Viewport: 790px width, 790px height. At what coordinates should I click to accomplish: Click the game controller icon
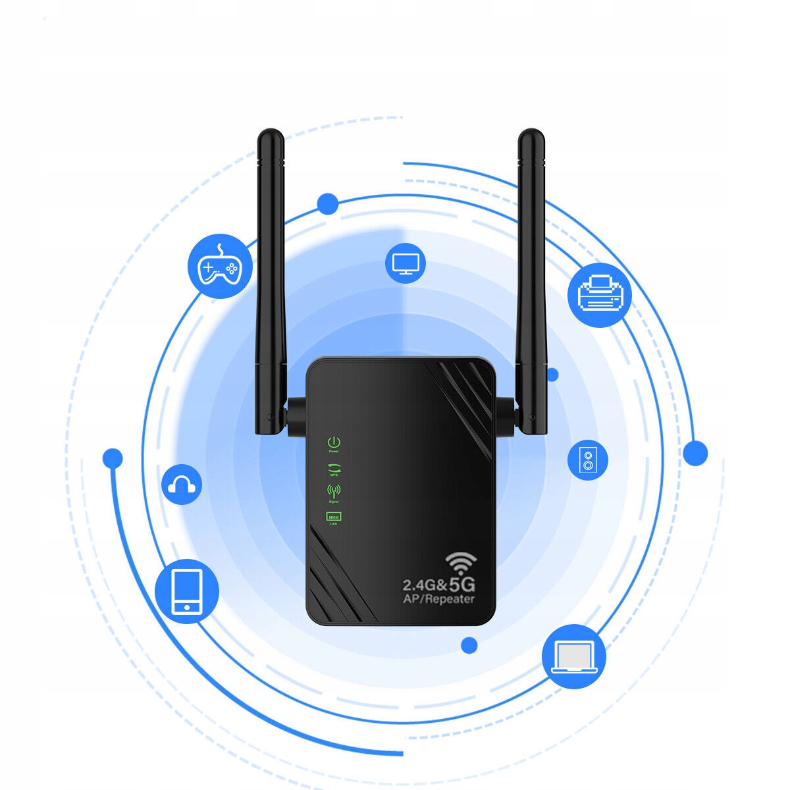pyautogui.click(x=221, y=266)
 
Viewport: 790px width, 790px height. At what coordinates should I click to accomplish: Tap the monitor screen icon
pyautogui.click(x=405, y=263)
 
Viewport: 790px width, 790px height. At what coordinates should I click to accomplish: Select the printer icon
pyautogui.click(x=599, y=296)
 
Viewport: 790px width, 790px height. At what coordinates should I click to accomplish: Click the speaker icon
pyautogui.click(x=588, y=459)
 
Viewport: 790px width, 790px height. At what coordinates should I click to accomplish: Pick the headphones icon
pyautogui.click(x=182, y=485)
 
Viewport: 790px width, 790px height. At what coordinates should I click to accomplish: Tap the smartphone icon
pyautogui.click(x=187, y=591)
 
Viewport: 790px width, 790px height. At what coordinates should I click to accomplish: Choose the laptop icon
pyautogui.click(x=574, y=656)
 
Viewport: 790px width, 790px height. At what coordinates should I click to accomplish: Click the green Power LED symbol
pyautogui.click(x=334, y=442)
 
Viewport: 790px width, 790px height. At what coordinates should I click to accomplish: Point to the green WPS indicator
pyautogui.click(x=334, y=468)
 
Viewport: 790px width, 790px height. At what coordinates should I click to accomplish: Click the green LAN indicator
pyautogui.click(x=333, y=517)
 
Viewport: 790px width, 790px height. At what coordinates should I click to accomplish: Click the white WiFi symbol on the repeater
pyautogui.click(x=461, y=563)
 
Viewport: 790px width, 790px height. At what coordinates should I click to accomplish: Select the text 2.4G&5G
pyautogui.click(x=438, y=584)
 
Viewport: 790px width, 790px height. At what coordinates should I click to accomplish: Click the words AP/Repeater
pyautogui.click(x=438, y=599)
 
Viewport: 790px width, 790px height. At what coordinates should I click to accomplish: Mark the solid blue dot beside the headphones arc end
pyautogui.click(x=113, y=458)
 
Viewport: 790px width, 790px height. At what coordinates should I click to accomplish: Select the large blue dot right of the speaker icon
pyautogui.click(x=695, y=453)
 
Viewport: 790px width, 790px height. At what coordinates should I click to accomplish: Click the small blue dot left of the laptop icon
pyautogui.click(x=469, y=645)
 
